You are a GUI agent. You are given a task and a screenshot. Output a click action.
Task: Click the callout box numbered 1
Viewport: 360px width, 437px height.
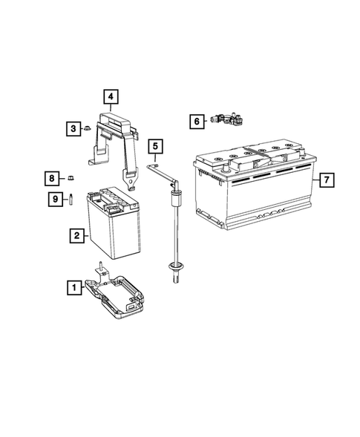pos(73,286)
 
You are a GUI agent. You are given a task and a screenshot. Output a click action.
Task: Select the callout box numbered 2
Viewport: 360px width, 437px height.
pos(76,235)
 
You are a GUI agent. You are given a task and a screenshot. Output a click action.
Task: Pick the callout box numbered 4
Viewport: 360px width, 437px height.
pos(109,96)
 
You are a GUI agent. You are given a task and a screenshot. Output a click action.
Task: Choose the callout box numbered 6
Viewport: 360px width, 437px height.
pos(196,120)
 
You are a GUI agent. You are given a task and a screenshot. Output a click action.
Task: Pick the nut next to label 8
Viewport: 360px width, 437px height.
pos(71,177)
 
